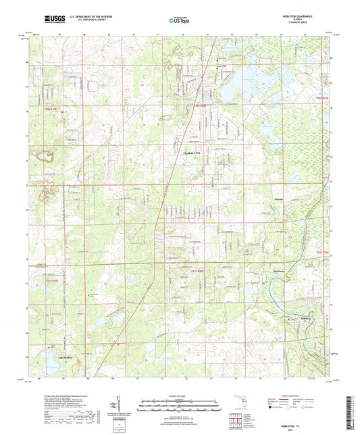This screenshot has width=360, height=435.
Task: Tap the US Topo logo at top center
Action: click(x=179, y=20)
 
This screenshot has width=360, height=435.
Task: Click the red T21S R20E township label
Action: click(x=195, y=270)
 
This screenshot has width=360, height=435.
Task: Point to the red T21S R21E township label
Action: click(x=325, y=253)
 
